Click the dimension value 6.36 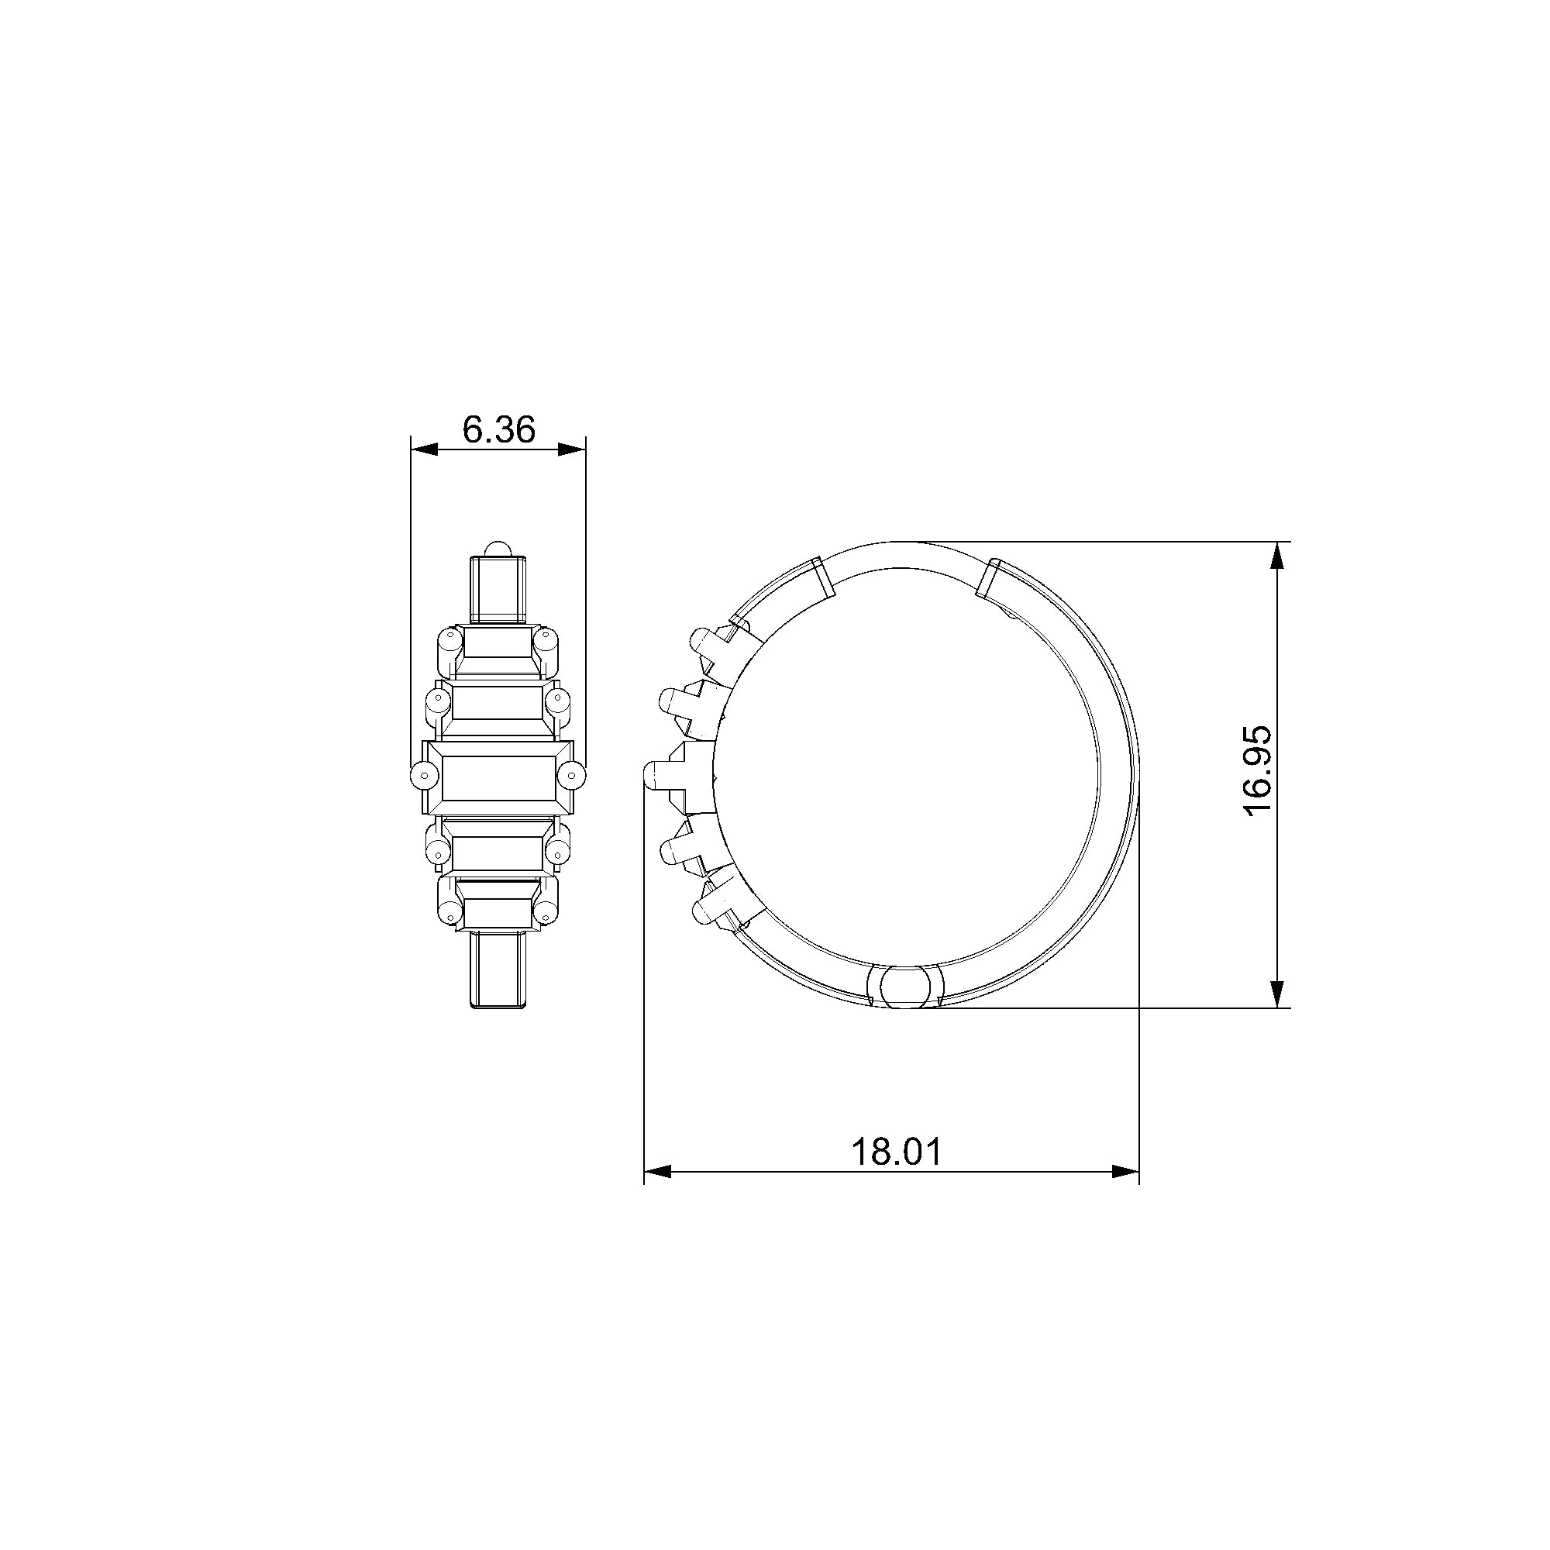(498, 430)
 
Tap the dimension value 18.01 (896, 1152)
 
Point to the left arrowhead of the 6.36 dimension (425, 449)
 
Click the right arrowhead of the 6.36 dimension (572, 449)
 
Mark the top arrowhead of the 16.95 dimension (1279, 556)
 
